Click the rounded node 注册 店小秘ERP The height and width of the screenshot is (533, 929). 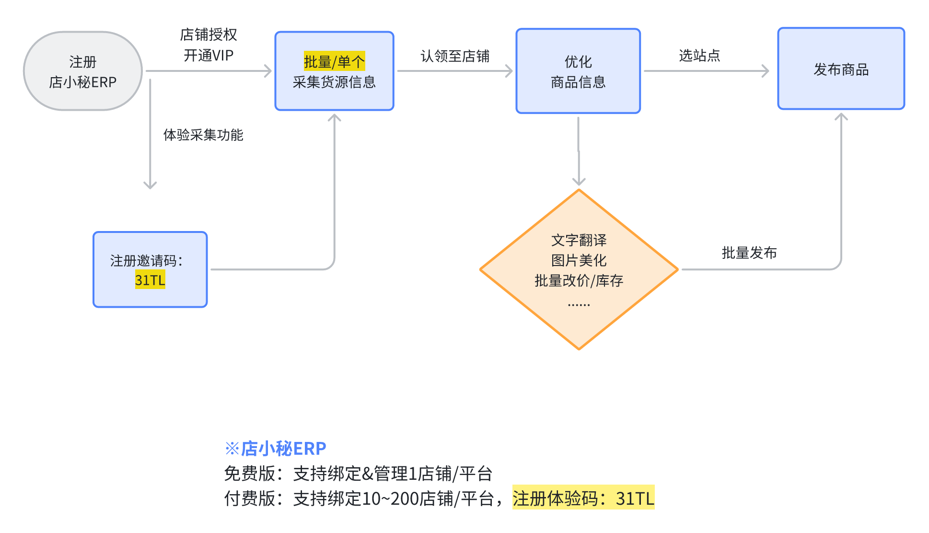83,71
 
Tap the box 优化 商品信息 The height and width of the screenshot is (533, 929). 578,71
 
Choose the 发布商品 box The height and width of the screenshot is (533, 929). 841,70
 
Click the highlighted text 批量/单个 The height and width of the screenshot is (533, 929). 334,61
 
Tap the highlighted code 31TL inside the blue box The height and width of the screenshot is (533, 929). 150,279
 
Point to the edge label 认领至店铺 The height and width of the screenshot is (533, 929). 455,56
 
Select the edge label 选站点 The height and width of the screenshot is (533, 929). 699,56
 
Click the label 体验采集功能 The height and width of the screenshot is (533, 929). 203,135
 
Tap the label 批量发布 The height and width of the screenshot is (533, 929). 749,253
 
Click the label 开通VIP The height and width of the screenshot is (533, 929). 209,56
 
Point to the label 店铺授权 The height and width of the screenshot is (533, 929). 209,35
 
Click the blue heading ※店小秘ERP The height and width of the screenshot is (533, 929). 276,448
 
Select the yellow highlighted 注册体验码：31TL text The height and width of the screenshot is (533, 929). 583,498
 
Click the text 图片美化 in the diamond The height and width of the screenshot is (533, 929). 579,260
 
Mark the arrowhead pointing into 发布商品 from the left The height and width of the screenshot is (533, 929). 766,71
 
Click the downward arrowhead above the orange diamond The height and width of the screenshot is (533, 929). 579,182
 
